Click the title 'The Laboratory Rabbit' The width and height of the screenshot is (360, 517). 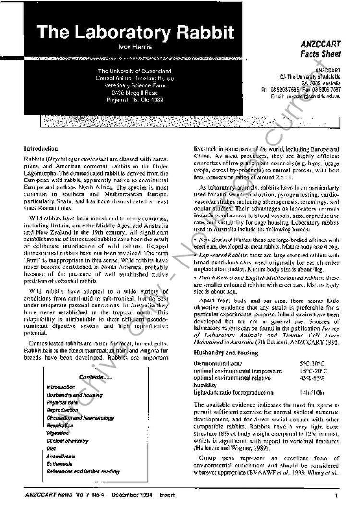[x=135, y=32]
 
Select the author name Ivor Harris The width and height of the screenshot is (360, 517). [x=135, y=47]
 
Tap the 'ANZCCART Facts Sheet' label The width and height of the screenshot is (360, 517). [x=321, y=48]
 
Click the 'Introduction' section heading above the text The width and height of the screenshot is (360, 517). [x=41, y=149]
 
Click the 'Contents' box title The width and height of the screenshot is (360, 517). [x=95, y=377]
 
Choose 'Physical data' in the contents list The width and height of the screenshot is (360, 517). [x=62, y=402]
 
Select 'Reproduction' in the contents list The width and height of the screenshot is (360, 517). [x=62, y=410]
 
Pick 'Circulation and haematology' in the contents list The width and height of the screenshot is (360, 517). [x=80, y=418]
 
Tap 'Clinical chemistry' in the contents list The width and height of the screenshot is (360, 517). [x=67, y=441]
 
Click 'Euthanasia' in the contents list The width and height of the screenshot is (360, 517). [x=60, y=464]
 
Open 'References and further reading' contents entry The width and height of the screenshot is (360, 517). [x=83, y=471]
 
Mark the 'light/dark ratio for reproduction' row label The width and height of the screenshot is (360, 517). [x=233, y=393]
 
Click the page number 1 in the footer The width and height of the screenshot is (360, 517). [x=336, y=495]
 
